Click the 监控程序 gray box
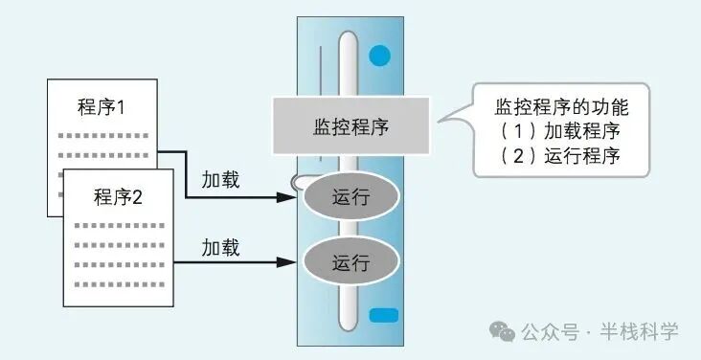click(x=352, y=124)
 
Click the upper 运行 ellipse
click(x=350, y=198)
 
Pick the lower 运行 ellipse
click(x=350, y=259)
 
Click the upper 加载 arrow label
click(x=220, y=180)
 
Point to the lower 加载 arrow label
click(x=220, y=246)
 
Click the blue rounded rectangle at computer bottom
click(x=382, y=313)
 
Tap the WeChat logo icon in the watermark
click(x=502, y=331)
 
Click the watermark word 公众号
click(x=550, y=332)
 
